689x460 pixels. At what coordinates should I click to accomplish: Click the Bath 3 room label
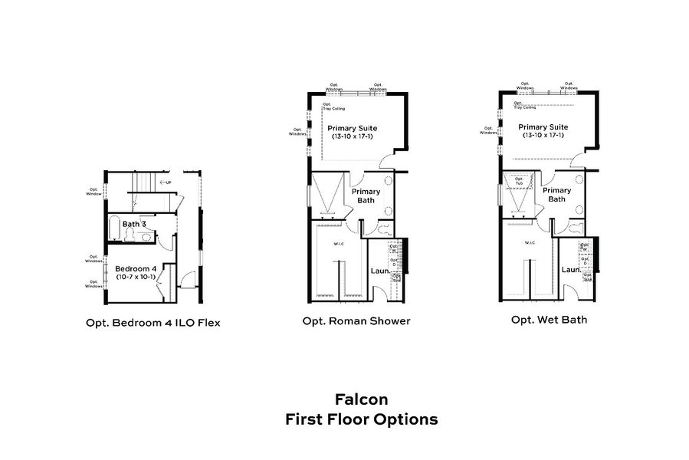click(x=134, y=224)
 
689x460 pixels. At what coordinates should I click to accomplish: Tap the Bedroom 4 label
click(x=136, y=268)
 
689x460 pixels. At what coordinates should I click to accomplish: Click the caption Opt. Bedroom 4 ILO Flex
click(x=153, y=323)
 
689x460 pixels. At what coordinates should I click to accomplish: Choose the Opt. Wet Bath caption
click(x=549, y=319)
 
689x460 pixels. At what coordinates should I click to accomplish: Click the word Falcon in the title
click(x=361, y=399)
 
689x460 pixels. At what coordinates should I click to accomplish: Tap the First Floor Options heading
click(x=361, y=419)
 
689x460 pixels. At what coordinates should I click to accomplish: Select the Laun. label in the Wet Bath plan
click(x=570, y=270)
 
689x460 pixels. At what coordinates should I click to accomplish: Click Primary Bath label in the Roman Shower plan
click(x=365, y=196)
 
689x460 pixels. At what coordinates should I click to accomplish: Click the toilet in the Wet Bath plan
click(x=575, y=226)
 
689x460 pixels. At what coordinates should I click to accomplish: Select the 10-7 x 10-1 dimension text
click(x=136, y=277)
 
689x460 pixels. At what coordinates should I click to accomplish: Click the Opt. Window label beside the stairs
click(x=94, y=192)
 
